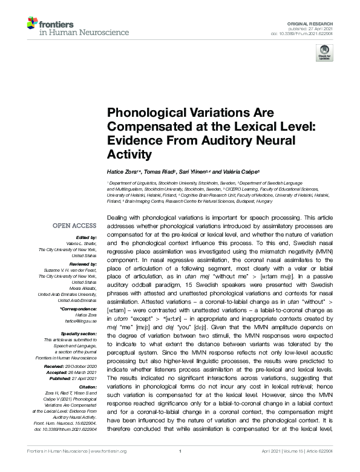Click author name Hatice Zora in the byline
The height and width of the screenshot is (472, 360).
(123, 174)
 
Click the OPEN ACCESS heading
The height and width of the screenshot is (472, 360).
(76, 226)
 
